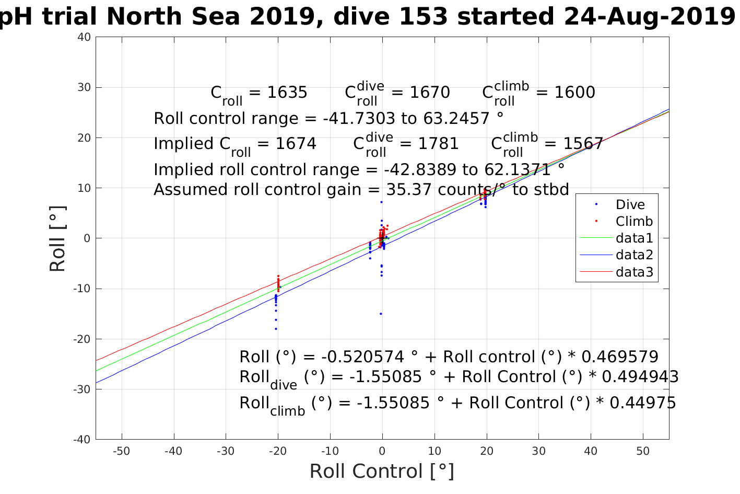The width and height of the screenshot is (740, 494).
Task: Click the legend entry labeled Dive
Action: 630,205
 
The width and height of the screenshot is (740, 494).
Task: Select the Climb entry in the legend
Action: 634,222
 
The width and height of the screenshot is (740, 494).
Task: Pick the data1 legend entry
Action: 634,238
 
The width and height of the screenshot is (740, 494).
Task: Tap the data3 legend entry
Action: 634,272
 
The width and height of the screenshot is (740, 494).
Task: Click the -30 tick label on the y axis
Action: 83,389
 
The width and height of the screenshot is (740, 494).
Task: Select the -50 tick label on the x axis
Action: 121,451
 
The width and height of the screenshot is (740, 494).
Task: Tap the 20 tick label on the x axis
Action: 487,451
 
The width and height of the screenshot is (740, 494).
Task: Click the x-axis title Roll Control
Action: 382,472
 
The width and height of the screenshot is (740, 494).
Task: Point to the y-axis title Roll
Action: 58,238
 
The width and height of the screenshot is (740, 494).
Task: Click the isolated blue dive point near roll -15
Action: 381,314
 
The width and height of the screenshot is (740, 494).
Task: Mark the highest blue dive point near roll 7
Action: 381,202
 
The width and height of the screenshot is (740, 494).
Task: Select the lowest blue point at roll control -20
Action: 276,329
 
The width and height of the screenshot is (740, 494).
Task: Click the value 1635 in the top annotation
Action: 287,93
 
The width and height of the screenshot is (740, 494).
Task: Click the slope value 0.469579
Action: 619,357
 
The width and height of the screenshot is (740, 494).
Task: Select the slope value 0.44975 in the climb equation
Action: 642,403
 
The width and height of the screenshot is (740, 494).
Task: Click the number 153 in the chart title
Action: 422,17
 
